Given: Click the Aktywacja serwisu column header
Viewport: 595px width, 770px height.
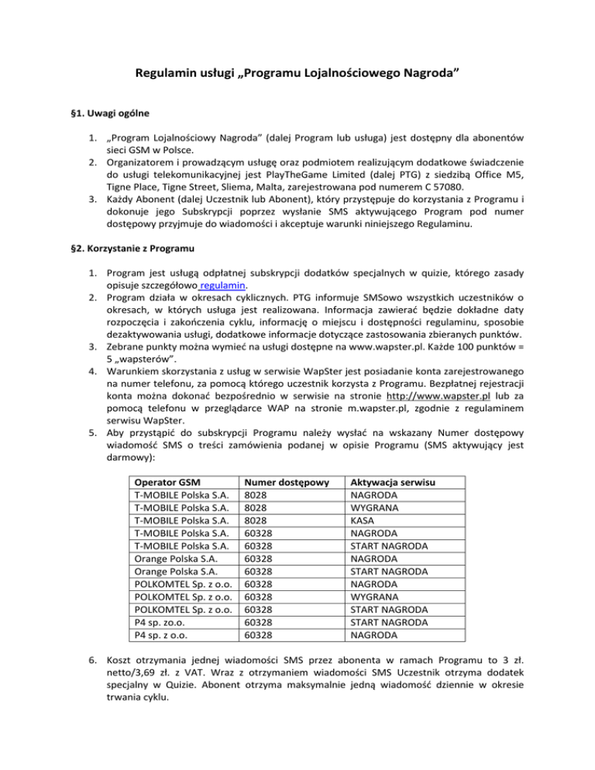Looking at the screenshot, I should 393,483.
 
